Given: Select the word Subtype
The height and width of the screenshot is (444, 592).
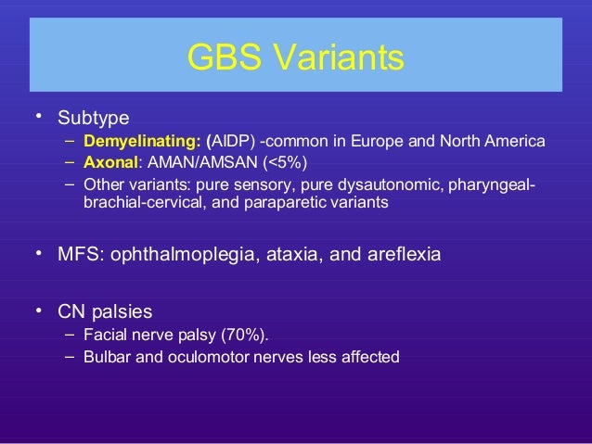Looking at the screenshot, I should pyautogui.click(x=93, y=119).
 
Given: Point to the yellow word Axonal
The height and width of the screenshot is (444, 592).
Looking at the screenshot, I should pyautogui.click(x=109, y=162).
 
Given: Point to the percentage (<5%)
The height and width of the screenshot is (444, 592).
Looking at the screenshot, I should pyautogui.click(x=270, y=162).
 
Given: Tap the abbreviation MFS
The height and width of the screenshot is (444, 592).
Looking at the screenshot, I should pyautogui.click(x=79, y=253).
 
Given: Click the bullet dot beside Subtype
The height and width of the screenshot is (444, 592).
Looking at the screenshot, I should pyautogui.click(x=38, y=117).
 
